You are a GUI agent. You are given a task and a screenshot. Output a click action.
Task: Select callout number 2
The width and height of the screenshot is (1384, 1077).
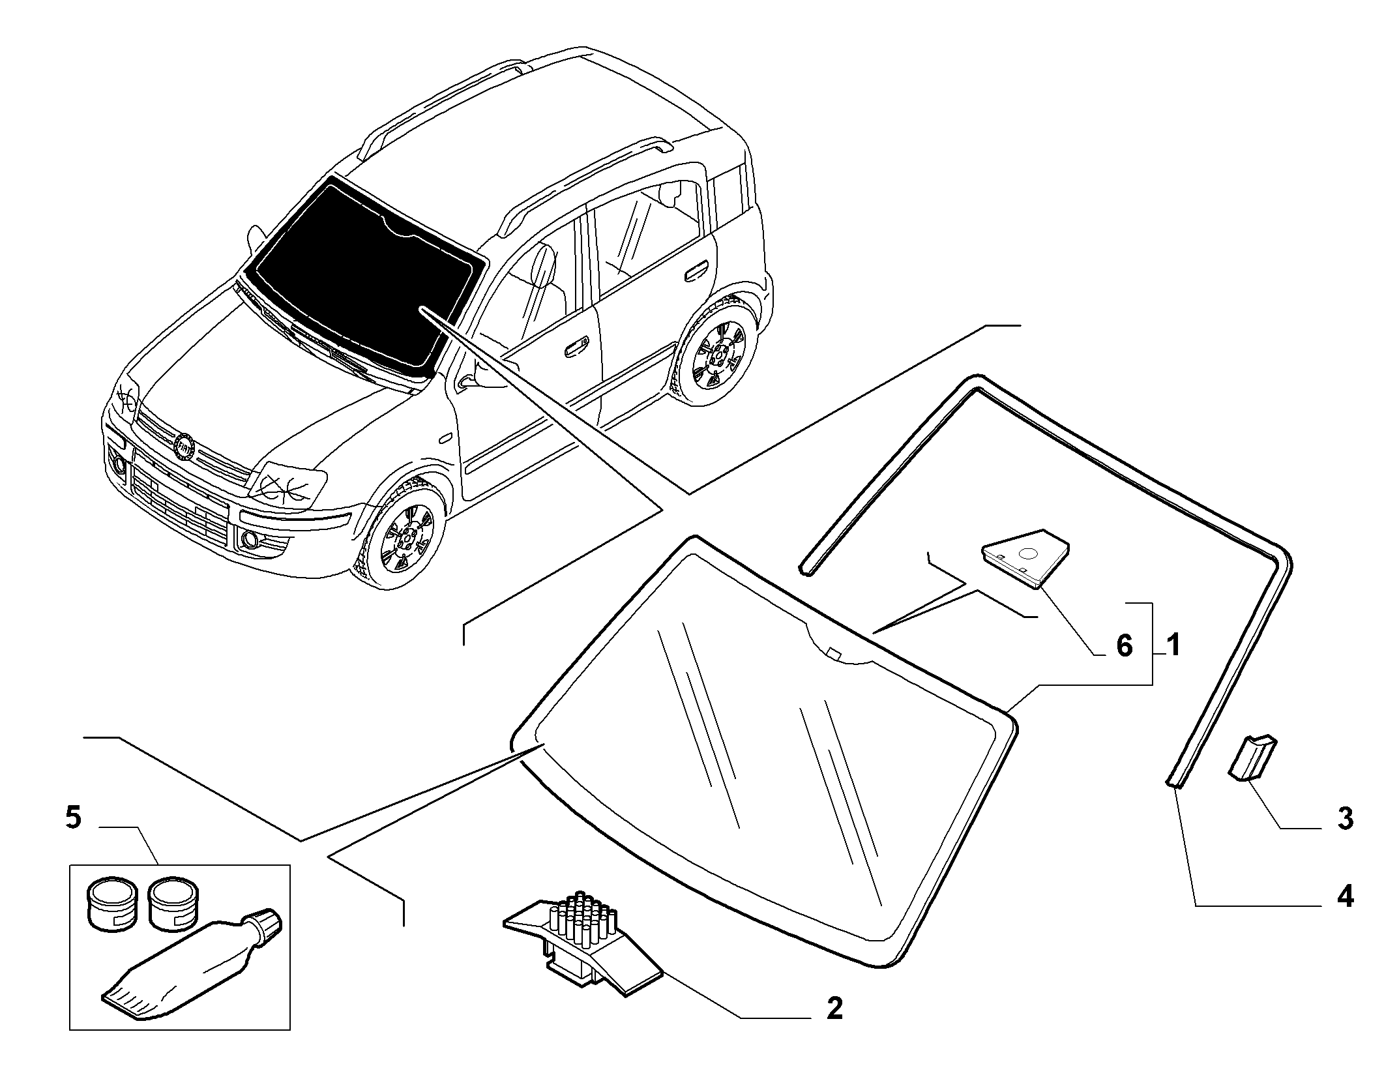[834, 1027]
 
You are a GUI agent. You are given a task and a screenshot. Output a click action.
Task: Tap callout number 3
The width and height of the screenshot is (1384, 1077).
[1345, 819]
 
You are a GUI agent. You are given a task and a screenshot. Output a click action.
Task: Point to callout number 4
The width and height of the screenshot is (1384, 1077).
[1345, 898]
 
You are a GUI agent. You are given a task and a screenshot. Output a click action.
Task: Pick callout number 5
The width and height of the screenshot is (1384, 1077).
[73, 817]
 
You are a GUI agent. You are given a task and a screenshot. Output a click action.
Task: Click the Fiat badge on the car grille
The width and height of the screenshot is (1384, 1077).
[185, 445]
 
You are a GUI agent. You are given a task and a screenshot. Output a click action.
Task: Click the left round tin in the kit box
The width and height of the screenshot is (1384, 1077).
[111, 903]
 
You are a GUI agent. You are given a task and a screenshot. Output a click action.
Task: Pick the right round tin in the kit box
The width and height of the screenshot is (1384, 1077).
[173, 903]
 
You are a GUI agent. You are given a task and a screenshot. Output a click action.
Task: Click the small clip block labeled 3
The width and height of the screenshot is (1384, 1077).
[1252, 756]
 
